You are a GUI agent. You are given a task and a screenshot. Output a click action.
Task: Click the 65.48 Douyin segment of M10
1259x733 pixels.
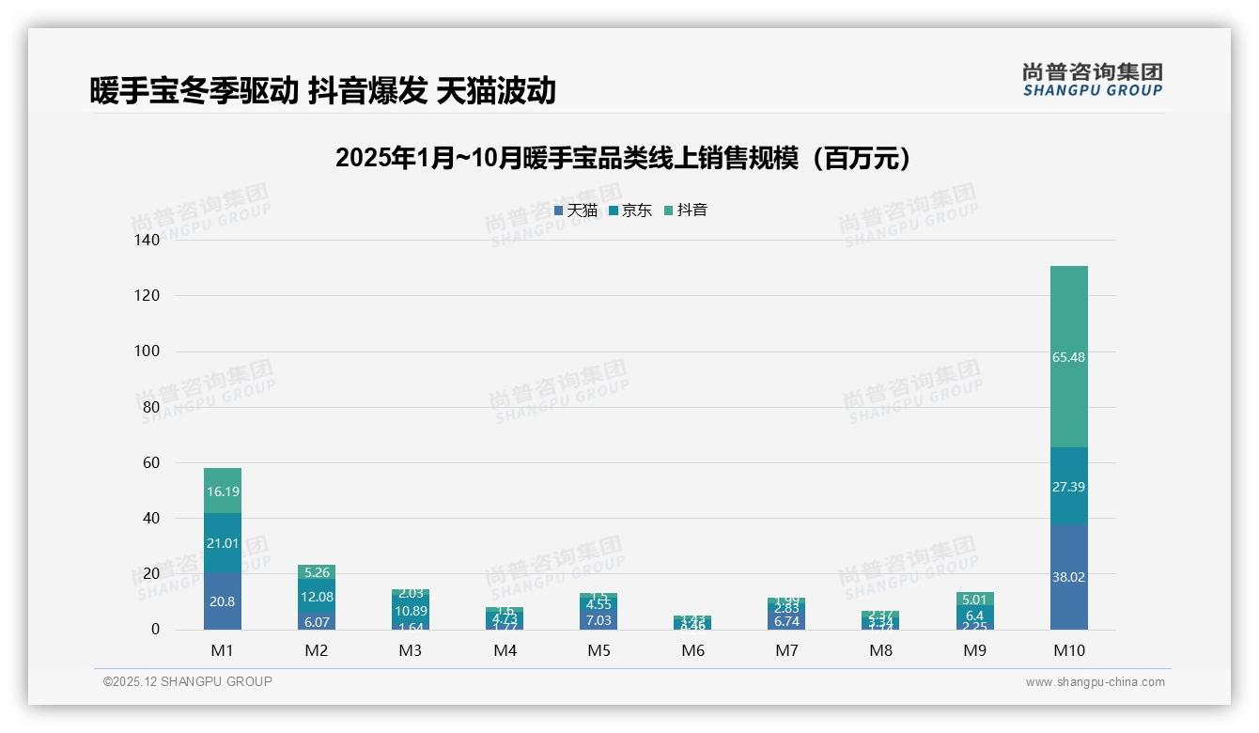coord(1068,357)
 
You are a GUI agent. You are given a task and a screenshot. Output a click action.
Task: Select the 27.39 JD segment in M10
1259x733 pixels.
coord(1068,487)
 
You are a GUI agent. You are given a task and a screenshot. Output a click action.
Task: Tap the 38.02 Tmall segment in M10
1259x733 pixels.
coord(1068,577)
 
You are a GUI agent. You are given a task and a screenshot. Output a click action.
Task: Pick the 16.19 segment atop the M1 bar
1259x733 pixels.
coord(223,491)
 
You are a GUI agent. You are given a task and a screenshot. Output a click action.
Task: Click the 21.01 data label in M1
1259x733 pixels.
coord(223,543)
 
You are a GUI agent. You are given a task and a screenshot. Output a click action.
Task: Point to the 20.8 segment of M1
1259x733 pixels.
coord(223,601)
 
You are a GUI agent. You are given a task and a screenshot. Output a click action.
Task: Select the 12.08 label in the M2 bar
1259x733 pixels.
coord(317,597)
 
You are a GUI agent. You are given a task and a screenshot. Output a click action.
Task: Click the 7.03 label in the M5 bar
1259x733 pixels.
coord(598,620)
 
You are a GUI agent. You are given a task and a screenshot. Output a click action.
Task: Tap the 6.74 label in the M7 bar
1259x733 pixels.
coord(786,621)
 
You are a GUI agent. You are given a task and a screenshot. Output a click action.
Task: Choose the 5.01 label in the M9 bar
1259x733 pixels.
coord(974,600)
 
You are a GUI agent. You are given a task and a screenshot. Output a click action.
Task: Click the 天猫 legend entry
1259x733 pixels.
coord(576,211)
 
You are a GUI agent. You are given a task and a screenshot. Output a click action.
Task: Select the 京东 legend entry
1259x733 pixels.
coord(630,211)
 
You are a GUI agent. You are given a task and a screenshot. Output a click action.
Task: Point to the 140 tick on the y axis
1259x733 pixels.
coord(148,240)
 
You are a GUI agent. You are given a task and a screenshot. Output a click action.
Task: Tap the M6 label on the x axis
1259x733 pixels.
coord(692,651)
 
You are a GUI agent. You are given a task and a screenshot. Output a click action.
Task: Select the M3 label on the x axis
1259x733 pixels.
coord(411,651)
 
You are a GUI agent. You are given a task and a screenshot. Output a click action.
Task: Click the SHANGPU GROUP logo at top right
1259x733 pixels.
coord(1092,80)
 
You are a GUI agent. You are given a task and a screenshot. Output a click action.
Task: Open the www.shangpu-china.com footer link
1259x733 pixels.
coord(1095,682)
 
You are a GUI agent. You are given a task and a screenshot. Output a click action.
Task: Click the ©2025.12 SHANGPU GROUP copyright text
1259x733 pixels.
coord(188,682)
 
